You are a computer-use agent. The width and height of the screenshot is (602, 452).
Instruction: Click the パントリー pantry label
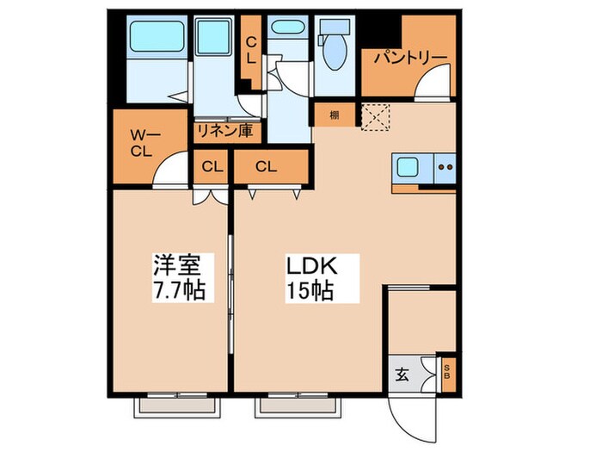pyautogui.click(x=409, y=58)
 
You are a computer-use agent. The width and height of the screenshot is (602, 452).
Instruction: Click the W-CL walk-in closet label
pyautogui.click(x=142, y=143)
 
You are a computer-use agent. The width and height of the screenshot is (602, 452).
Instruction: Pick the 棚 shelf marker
pyautogui.click(x=333, y=114)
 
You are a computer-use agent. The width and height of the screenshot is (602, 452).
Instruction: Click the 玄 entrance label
pyautogui.click(x=402, y=373)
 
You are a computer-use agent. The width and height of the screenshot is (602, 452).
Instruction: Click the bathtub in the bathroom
pyautogui.click(x=152, y=38)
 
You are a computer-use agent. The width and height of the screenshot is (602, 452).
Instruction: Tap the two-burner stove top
pyautogui.click(x=445, y=168)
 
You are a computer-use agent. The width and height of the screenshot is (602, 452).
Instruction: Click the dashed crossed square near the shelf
pyautogui.click(x=375, y=115)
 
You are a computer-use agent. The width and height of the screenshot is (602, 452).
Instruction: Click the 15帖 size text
pyautogui.click(x=310, y=291)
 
